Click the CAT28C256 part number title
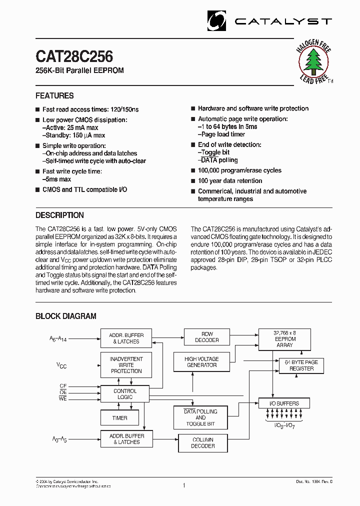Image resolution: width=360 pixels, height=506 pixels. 74,56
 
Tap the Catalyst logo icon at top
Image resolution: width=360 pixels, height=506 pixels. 217,21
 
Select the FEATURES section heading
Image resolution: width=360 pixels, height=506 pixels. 54,95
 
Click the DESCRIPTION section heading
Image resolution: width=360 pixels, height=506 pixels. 59,215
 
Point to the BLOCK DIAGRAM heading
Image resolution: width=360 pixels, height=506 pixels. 65,316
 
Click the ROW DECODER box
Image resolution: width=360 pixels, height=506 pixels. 207,337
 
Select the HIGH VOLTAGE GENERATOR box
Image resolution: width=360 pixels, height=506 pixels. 201,362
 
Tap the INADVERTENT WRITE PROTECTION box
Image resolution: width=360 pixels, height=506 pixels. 126,365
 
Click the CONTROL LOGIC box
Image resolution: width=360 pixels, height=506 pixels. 125,394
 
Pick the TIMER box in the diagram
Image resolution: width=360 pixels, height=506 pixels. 119,418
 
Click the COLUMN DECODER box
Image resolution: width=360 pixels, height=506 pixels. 203,443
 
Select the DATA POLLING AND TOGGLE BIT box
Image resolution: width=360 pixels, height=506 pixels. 200,417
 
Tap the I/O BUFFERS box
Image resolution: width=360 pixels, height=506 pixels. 284,403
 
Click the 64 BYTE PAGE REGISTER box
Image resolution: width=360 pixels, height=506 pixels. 301,365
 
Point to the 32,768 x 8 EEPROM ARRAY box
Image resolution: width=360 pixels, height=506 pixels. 284,338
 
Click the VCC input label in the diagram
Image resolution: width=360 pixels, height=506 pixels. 61,366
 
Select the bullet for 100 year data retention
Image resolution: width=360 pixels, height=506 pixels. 192,181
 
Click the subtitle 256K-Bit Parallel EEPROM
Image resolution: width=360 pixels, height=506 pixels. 79,70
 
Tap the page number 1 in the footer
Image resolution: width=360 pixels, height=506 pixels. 183,485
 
